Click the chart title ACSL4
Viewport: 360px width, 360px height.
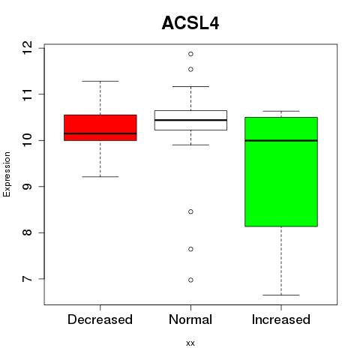(190, 23)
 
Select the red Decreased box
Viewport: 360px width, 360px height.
(100, 127)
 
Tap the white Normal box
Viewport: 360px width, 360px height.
(190, 120)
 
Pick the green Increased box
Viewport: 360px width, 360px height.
(281, 172)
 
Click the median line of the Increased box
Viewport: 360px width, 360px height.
(281, 140)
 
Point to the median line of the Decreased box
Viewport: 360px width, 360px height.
(100, 133)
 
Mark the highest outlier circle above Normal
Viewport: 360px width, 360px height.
(190, 54)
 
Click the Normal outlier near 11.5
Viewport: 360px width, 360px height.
(190, 69)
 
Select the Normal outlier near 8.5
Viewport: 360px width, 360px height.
(190, 211)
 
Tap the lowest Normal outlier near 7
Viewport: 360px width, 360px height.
(190, 280)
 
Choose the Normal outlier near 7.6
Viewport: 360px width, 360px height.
(190, 249)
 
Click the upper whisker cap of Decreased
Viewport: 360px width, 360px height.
(100, 81)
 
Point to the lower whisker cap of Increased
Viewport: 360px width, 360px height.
(281, 295)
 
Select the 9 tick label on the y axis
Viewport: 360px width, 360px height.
(27, 187)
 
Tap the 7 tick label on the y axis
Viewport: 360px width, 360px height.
(27, 279)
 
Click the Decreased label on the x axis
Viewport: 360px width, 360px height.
(100, 319)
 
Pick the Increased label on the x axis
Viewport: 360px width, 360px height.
(281, 319)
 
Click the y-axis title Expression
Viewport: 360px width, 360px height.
(7, 174)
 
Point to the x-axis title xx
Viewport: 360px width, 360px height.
(190, 343)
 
